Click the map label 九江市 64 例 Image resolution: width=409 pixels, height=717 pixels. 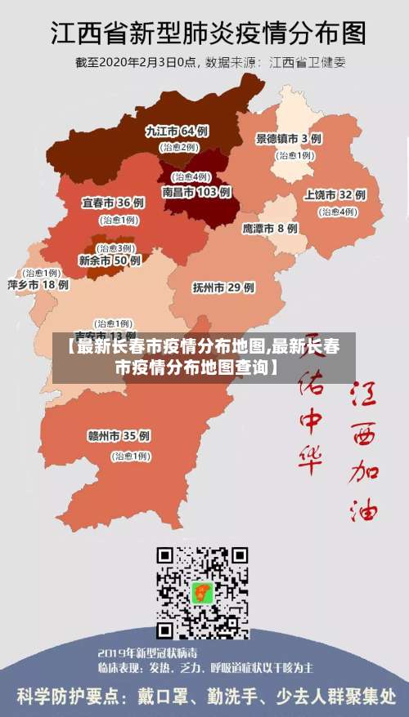click(176, 131)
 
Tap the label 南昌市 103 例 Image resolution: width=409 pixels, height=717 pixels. click(196, 192)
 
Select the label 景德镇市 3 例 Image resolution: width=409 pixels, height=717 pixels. click(288, 139)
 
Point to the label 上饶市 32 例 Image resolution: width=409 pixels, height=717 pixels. click(335, 195)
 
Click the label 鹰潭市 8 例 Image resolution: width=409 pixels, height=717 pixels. click(270, 229)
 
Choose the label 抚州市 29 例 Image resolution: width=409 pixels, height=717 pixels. click(223, 287)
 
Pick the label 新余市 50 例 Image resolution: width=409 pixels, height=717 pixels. click(110, 261)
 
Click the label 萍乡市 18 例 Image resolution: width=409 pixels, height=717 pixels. click(38, 285)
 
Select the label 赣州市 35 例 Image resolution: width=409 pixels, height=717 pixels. click(119, 435)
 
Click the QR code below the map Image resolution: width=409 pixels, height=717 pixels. click(203, 593)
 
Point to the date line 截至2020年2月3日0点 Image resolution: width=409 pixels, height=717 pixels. click(137, 62)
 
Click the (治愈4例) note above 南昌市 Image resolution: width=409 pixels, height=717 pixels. click(190, 176)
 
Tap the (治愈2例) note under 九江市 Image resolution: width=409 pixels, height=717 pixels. click(178, 147)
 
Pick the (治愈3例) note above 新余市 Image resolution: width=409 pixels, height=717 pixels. click(115, 247)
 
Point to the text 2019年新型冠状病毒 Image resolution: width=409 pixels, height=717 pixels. click(147, 653)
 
